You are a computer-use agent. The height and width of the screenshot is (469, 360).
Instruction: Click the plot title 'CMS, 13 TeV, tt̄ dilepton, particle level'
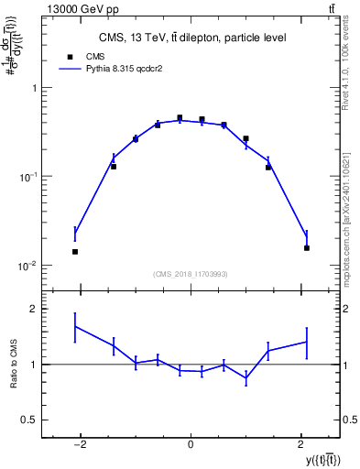191,38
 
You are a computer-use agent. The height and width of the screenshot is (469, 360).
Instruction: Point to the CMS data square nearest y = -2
75,251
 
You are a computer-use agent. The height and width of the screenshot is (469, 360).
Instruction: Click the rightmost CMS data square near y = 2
307,247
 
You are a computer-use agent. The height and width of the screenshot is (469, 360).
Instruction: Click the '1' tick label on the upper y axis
34,88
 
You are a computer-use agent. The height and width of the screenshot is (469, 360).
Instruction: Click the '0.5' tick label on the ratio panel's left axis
29,420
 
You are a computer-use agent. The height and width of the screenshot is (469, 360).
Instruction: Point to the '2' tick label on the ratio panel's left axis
34,309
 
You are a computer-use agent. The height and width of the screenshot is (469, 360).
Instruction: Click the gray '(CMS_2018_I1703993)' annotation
191,273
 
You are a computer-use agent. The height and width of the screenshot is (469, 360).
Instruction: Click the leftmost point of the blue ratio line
75,326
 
